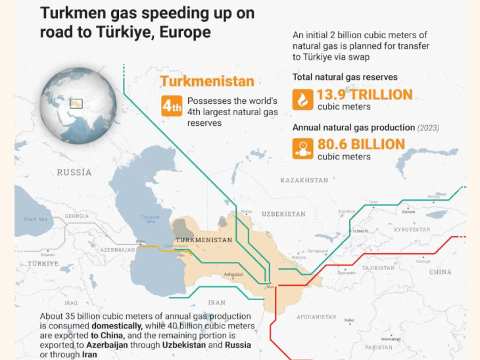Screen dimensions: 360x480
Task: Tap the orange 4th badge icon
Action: click(172, 105)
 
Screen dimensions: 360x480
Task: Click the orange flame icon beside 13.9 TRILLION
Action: click(302, 99)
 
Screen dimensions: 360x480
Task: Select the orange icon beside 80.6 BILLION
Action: click(302, 148)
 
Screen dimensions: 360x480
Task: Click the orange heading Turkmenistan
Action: click(206, 82)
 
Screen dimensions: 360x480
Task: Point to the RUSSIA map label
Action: click(74, 172)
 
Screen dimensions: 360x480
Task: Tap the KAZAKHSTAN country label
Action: click(304, 180)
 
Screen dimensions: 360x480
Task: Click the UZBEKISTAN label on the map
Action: click(283, 214)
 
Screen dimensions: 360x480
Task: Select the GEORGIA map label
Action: click(77, 216)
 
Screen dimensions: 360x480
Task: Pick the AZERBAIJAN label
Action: click(118, 251)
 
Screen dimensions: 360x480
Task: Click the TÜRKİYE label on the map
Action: click(43, 263)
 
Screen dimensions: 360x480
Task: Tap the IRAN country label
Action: click(217, 302)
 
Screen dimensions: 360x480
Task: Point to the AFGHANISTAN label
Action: click(316, 317)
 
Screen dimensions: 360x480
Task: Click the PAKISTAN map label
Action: click(378, 347)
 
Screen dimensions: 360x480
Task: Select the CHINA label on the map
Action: click(440, 272)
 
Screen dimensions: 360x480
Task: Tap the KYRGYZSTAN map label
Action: click(412, 230)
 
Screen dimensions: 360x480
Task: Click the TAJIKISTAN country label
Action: click(378, 268)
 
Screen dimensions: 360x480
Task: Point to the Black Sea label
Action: click(36, 219)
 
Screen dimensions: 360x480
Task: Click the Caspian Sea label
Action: click(150, 219)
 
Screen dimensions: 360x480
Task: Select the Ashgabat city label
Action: click(233, 274)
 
